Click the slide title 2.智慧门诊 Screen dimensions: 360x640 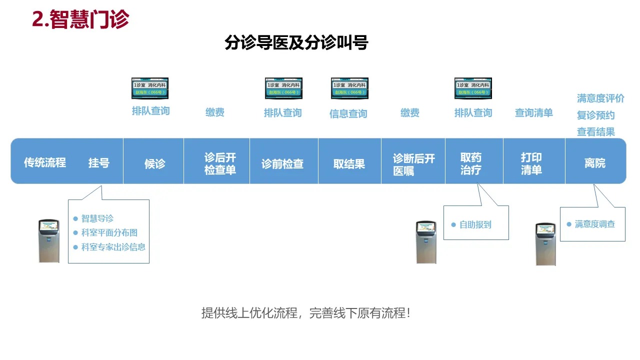tap(80, 19)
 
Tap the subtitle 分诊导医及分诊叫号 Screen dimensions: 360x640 tap(296, 43)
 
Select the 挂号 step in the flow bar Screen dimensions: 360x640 tap(99, 163)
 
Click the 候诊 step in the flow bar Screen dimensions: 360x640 tap(154, 163)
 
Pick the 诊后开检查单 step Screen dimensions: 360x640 tap(220, 163)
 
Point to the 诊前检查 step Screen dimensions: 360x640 tap(282, 164)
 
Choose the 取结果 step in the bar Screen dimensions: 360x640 tap(349, 164)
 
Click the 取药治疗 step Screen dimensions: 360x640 tap(471, 163)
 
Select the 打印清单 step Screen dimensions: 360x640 tap(531, 163)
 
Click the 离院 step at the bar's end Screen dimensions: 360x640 tap(594, 163)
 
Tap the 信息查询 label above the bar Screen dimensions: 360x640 tap(348, 114)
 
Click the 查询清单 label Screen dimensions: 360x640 tap(533, 113)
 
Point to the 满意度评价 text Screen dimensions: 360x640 tap(600, 98)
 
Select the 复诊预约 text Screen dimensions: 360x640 tap(595, 115)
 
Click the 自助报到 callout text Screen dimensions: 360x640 tap(475, 225)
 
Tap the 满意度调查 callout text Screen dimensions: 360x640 tap(594, 224)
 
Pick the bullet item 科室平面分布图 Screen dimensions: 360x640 tap(109, 232)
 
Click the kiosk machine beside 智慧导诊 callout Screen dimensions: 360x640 tap(49, 240)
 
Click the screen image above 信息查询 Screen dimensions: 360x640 tap(349, 88)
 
